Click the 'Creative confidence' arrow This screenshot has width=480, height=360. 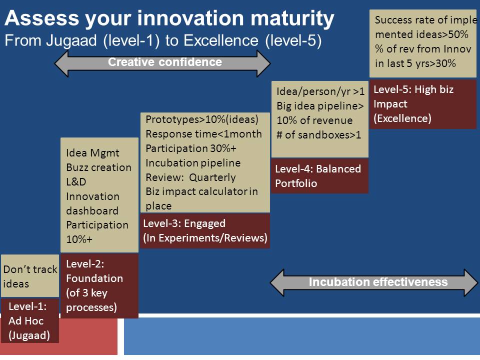[x=162, y=63]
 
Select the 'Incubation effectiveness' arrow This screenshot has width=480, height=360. [x=374, y=282]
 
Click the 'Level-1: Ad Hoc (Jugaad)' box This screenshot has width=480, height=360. [x=30, y=320]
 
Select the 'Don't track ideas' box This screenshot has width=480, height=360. [x=30, y=276]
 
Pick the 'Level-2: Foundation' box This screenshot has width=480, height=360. [x=99, y=286]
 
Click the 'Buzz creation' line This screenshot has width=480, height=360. [x=98, y=167]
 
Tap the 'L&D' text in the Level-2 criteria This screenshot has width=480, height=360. [x=76, y=182]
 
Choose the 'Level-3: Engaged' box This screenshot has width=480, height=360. [x=205, y=231]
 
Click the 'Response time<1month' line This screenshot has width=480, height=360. [x=203, y=134]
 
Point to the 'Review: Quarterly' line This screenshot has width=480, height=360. [x=190, y=177]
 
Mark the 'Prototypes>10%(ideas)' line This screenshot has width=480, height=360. [x=202, y=119]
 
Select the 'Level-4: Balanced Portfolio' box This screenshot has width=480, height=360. [x=320, y=176]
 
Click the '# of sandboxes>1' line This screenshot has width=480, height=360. [x=318, y=135]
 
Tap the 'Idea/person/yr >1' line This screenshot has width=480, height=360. [x=320, y=91]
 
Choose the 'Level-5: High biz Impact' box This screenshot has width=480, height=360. [x=423, y=104]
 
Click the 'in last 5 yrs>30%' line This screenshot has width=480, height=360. [x=415, y=63]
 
